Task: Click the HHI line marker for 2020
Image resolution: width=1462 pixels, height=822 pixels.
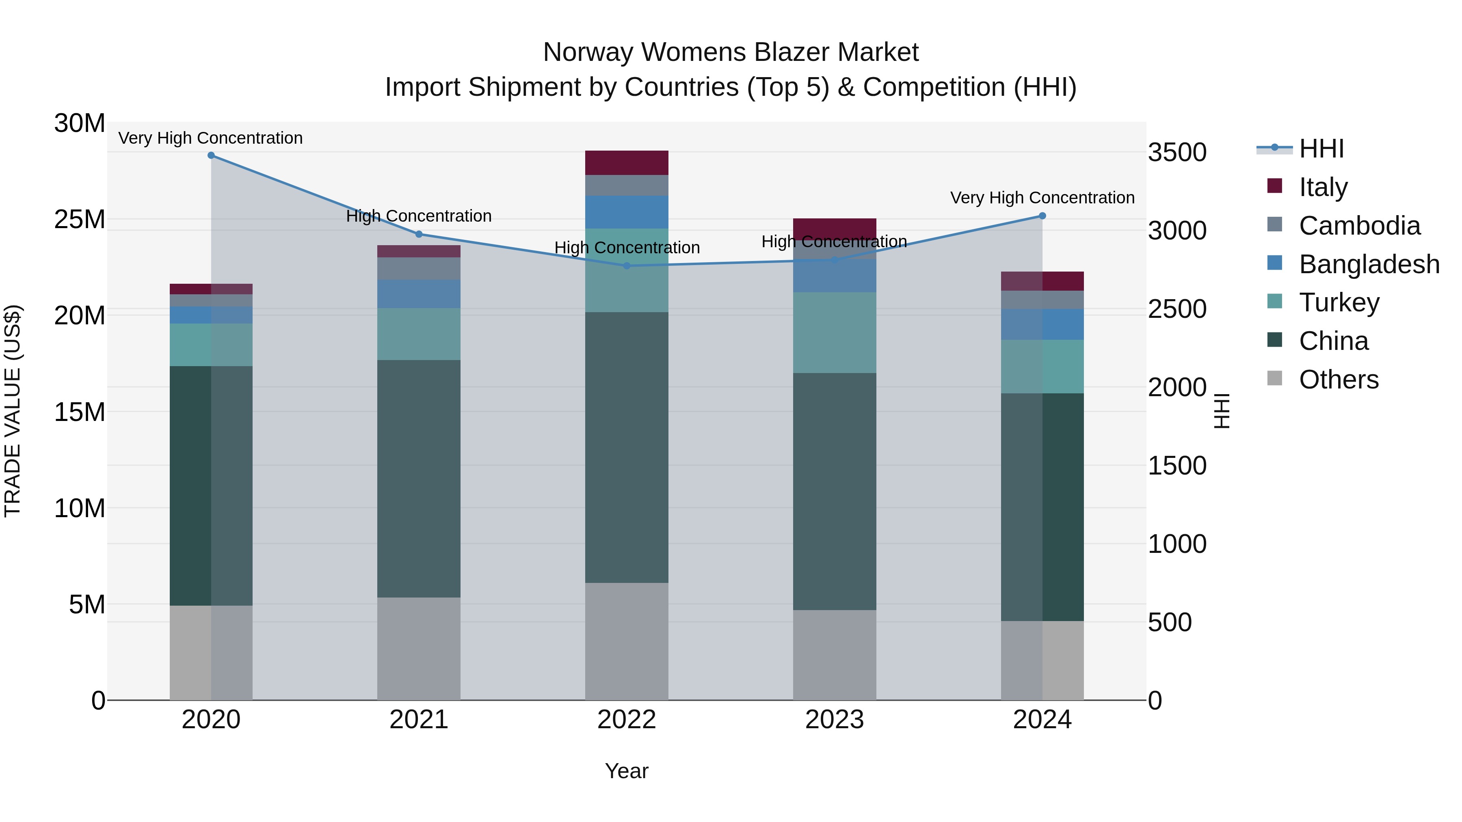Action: (x=211, y=155)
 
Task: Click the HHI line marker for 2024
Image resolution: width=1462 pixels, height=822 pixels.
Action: (x=1042, y=216)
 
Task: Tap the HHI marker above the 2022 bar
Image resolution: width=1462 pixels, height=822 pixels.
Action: (x=627, y=265)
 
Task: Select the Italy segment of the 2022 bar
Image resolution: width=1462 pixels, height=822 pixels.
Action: (x=627, y=163)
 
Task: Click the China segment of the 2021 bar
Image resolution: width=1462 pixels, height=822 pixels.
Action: (x=419, y=478)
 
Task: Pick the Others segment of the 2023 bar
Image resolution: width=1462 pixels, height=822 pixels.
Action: (x=834, y=655)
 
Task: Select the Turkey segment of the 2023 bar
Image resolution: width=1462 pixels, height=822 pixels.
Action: (x=834, y=332)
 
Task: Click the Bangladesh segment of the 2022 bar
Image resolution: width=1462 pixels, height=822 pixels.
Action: (x=627, y=212)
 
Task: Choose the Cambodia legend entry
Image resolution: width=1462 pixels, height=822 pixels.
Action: (x=1359, y=226)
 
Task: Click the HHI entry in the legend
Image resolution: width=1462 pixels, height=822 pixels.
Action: (x=1321, y=149)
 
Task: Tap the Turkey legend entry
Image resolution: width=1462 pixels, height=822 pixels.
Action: (x=1339, y=302)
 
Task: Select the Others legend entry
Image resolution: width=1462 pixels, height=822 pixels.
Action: (x=1338, y=380)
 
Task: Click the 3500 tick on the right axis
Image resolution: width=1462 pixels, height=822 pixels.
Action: (x=1177, y=153)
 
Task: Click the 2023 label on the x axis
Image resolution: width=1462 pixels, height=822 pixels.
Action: (x=834, y=720)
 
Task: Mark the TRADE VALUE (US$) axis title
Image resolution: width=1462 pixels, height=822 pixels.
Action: (x=13, y=411)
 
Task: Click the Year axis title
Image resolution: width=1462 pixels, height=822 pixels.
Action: (x=627, y=771)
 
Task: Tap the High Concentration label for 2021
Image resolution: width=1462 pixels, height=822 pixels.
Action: (x=419, y=216)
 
